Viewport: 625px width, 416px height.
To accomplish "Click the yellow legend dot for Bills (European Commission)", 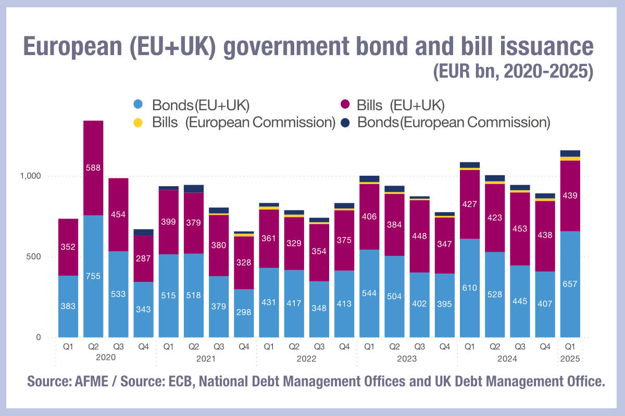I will [x=138, y=123].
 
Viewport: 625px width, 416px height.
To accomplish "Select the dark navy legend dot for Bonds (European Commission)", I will [x=344, y=123].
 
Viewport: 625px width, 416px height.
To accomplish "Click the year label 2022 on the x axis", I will [x=307, y=358].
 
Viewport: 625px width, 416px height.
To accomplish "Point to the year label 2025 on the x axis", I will [x=570, y=358].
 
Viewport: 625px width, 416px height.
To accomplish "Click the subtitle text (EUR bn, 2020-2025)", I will [x=513, y=71].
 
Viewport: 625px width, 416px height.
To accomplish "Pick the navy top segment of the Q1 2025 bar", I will [x=570, y=153].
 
